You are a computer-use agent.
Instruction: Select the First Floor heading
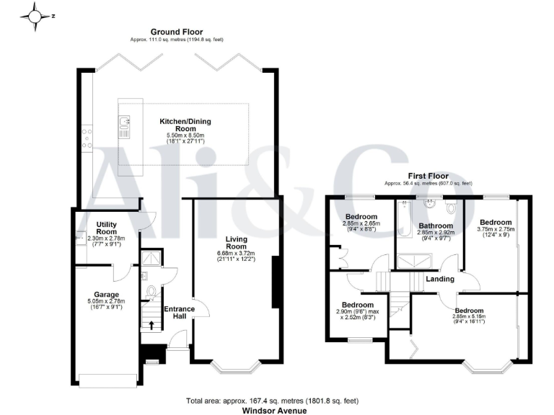tap(428, 176)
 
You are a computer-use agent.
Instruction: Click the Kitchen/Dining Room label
tap(182, 122)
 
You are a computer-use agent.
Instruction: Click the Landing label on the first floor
tap(440, 279)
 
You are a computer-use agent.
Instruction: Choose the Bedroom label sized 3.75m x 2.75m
tap(496, 223)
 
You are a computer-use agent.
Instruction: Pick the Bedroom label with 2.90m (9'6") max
tap(359, 305)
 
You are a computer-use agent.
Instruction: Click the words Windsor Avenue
tap(277, 411)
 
